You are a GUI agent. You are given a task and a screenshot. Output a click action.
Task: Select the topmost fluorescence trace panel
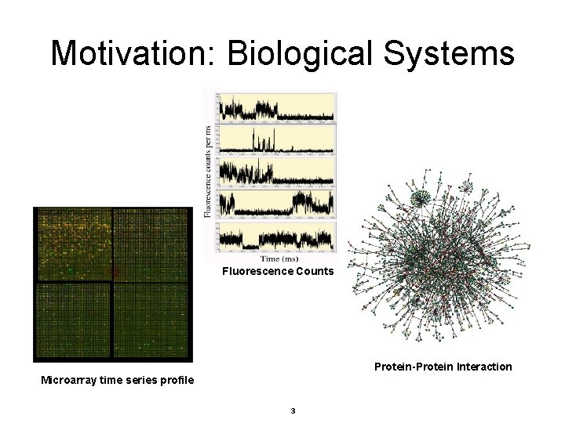click(x=277, y=107)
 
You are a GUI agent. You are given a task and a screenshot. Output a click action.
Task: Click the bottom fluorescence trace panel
click(x=277, y=236)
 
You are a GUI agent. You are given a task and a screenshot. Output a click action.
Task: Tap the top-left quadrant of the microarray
click(x=72, y=243)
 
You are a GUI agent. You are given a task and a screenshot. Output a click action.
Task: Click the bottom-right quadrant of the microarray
click(x=152, y=320)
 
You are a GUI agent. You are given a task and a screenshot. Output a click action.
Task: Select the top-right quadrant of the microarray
click(x=152, y=243)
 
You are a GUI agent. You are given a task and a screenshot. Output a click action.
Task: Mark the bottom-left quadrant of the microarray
click(x=72, y=320)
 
